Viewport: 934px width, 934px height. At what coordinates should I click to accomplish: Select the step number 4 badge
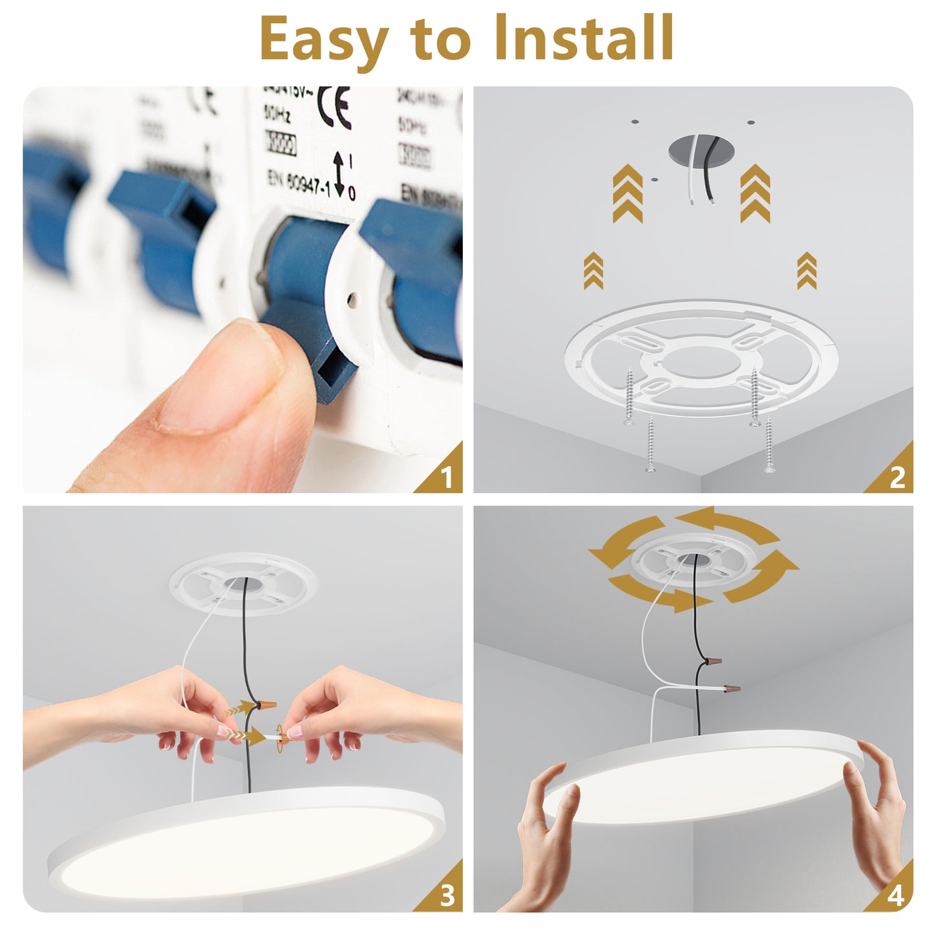click(x=896, y=896)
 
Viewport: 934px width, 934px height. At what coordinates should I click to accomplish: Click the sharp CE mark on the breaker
click(x=334, y=107)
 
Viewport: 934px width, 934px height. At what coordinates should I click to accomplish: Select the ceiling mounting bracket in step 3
click(x=242, y=584)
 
